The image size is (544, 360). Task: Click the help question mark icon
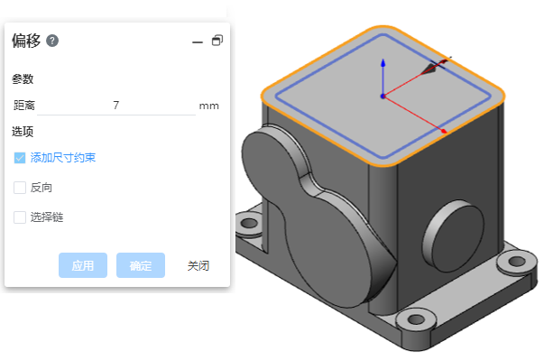[x=52, y=41]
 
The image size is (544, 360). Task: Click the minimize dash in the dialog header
[x=198, y=42]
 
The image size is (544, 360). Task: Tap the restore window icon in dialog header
[x=217, y=41]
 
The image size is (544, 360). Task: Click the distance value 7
[x=115, y=105]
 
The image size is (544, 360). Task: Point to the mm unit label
[x=209, y=106]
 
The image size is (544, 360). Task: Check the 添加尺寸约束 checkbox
[x=20, y=158]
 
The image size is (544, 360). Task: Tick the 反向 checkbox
[x=20, y=188]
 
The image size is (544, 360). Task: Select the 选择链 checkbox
[x=20, y=217]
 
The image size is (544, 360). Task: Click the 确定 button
[x=141, y=265]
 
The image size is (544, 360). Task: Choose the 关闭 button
[x=198, y=265]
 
